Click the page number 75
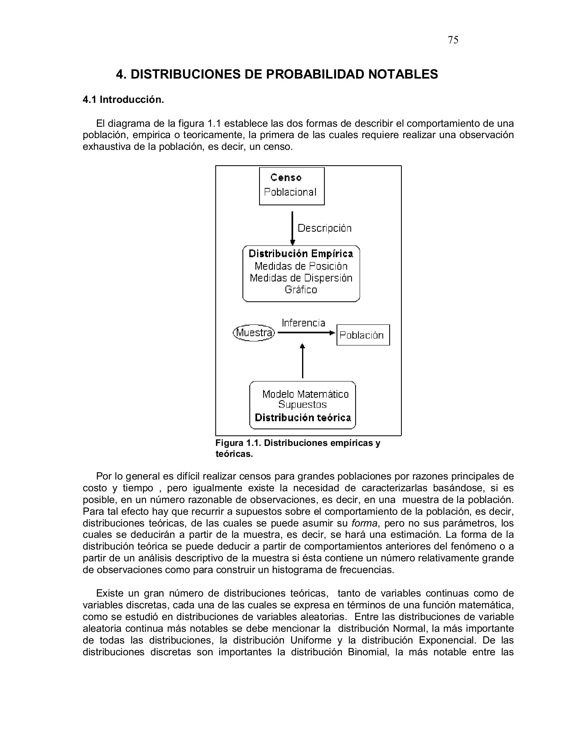tap(453, 40)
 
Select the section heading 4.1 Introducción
tap(123, 100)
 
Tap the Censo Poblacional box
tap(292, 186)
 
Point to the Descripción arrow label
tap(324, 228)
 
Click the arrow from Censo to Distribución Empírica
tap(292, 227)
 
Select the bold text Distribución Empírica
tap(301, 254)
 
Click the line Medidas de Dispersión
tap(301, 278)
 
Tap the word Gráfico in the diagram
tap(301, 290)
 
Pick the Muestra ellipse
tap(254, 333)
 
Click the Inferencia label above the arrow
tap(303, 323)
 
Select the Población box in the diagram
tap(363, 335)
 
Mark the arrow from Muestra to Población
tap(306, 333)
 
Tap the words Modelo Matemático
tap(305, 394)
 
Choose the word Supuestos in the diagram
tap(302, 405)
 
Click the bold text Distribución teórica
tap(303, 418)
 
